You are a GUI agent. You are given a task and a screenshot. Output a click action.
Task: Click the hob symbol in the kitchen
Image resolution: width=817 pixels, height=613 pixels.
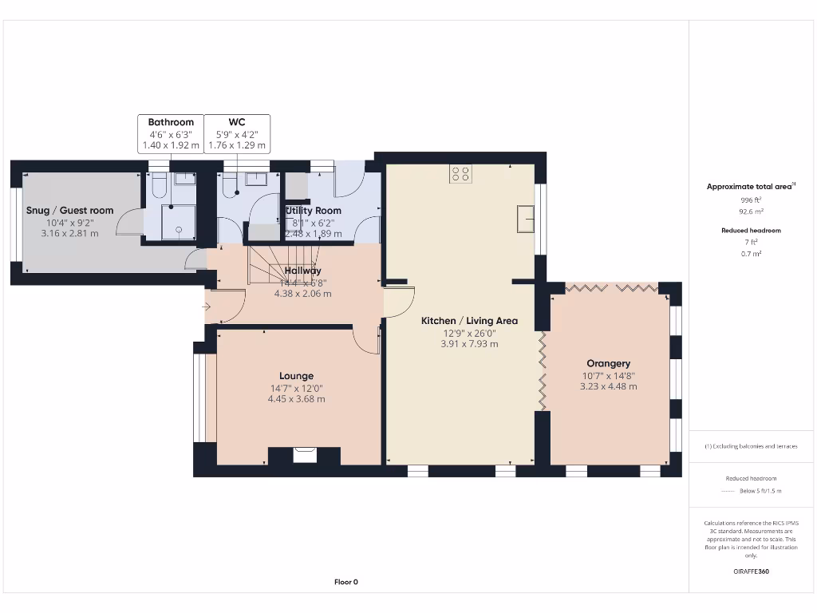coord(460,173)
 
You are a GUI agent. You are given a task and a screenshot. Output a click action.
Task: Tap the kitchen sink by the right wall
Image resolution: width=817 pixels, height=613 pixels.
coord(525,218)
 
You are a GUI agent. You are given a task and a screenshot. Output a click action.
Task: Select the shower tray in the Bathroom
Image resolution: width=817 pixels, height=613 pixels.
coord(179,222)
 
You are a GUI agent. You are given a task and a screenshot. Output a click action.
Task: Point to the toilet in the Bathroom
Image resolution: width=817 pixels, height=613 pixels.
coord(158,187)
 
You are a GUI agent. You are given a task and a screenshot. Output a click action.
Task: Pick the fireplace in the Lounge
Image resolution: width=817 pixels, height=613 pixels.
coord(304,455)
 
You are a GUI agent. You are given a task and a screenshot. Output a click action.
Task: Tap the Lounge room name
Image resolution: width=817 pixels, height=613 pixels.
coord(296,376)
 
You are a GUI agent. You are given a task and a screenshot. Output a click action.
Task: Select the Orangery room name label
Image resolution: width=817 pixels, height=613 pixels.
coord(608,363)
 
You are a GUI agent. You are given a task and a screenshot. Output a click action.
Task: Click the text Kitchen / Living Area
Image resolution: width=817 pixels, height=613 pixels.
coord(469,321)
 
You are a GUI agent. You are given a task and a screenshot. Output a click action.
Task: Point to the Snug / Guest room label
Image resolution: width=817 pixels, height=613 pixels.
coord(70,211)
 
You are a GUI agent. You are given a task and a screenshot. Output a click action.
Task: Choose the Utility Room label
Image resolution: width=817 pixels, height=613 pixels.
coord(314,211)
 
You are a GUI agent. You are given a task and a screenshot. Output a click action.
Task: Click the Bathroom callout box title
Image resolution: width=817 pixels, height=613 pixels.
coord(171,122)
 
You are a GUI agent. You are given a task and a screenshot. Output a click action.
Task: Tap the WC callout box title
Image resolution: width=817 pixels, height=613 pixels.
coord(236,122)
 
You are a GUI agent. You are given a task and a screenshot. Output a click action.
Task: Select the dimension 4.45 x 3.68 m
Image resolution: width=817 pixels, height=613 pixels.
coord(296,398)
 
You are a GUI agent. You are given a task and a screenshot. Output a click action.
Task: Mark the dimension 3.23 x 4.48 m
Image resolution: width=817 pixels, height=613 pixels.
coord(608,386)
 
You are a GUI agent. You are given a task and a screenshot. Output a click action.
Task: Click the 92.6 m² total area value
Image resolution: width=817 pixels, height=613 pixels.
coord(751,212)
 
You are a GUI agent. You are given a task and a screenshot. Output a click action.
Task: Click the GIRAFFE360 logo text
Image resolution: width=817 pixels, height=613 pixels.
coord(751,571)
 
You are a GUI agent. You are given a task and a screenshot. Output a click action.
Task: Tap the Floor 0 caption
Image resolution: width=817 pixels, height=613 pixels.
coord(345,582)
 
